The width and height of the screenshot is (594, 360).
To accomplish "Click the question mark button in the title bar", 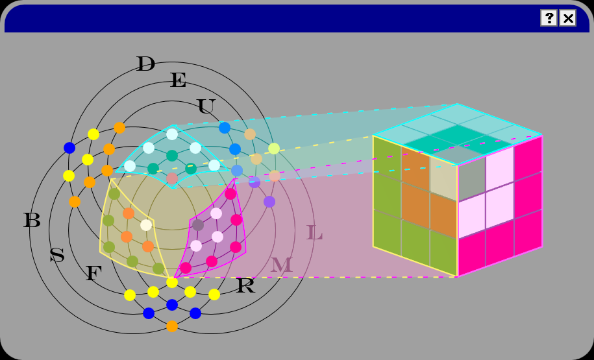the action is pyautogui.click(x=549, y=18).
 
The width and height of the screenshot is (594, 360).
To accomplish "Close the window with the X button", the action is pyautogui.click(x=568, y=18).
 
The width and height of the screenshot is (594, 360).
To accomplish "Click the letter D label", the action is pyautogui.click(x=145, y=64).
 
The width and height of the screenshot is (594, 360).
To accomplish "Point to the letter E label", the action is pyautogui.click(x=178, y=81).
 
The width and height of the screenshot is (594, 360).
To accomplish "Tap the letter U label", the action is pyautogui.click(x=206, y=107).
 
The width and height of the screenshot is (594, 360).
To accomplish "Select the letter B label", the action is pyautogui.click(x=32, y=221).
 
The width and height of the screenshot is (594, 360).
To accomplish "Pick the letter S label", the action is pyautogui.click(x=57, y=256).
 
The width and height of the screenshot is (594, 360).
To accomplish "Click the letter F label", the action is pyautogui.click(x=93, y=274).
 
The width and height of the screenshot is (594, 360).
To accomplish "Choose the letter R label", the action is pyautogui.click(x=245, y=286).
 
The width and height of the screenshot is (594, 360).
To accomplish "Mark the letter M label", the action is pyautogui.click(x=281, y=265).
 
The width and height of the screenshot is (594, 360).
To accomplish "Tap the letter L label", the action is pyautogui.click(x=314, y=234).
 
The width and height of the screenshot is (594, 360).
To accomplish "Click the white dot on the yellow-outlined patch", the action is pyautogui.click(x=146, y=225).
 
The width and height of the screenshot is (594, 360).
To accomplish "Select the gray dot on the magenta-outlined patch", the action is pyautogui.click(x=198, y=225).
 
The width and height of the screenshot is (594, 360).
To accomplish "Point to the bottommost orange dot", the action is pyautogui.click(x=172, y=326).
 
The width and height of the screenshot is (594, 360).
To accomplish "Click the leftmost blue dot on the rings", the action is pyautogui.click(x=69, y=148).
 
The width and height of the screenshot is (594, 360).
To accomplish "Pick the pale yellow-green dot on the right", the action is pyautogui.click(x=274, y=149).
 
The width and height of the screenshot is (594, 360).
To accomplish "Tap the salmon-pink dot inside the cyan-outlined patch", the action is pyautogui.click(x=172, y=178).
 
